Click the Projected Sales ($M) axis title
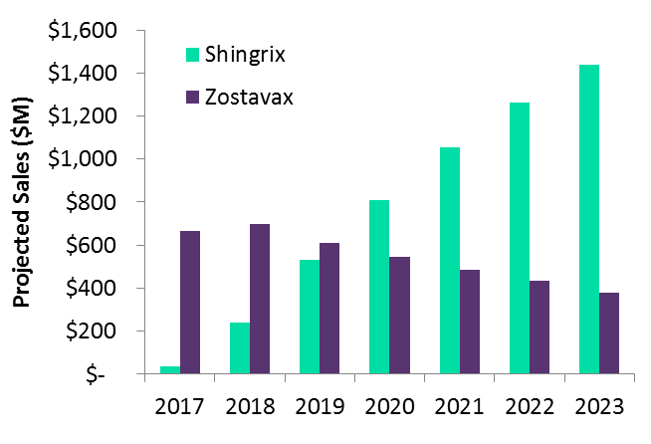point(22,203)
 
